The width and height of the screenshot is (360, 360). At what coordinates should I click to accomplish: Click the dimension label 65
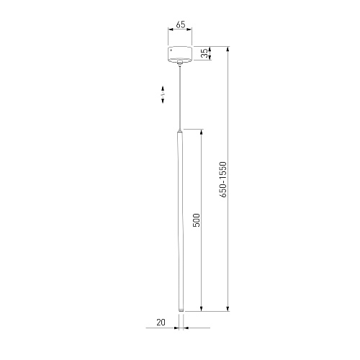181,24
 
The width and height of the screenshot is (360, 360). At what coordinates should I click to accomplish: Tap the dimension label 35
204,53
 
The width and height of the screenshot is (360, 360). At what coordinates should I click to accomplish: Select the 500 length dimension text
197,220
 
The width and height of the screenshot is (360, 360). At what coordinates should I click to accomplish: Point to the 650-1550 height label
223,179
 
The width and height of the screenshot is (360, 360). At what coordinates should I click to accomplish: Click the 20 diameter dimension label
161,323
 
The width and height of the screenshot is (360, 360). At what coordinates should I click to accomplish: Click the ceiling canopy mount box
180,53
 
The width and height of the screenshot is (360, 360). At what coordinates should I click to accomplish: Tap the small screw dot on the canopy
171,50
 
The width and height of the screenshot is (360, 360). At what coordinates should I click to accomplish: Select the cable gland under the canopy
180,63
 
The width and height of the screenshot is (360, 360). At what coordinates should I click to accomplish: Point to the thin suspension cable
180,97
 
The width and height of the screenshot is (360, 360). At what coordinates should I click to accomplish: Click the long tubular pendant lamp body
180,220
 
